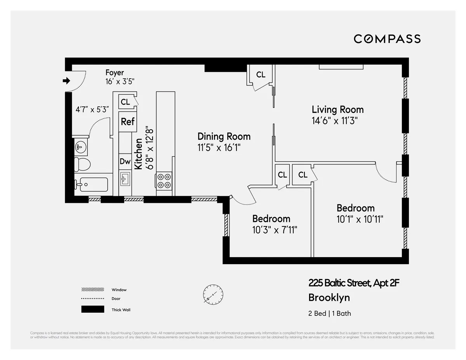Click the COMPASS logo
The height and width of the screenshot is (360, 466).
coord(387,39)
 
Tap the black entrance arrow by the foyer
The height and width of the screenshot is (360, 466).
coord(66,81)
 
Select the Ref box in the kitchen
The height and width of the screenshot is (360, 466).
coord(127,121)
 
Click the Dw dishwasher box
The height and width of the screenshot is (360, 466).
coord(125,162)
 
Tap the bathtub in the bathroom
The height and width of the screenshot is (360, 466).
coord(91,185)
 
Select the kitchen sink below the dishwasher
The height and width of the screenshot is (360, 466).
coord(125,179)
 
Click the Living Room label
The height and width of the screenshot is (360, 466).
coord(337,109)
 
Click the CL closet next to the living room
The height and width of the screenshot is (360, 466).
coord(261,74)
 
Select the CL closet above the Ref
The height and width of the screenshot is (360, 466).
coord(125,102)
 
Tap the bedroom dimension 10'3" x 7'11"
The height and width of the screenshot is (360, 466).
coord(275,230)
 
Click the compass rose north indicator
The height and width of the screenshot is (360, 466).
coord(213,294)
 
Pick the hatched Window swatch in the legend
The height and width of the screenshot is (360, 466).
coord(92,290)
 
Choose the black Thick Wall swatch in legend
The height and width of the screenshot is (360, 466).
coord(92,309)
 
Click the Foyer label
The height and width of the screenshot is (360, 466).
coord(115,73)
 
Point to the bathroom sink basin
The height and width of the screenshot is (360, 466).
coord(80,147)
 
